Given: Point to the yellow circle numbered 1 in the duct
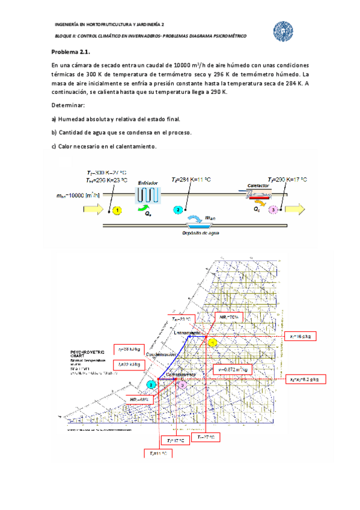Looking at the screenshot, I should tap(118, 210).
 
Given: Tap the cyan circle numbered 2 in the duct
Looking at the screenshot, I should tap(178, 210).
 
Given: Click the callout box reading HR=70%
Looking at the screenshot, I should tap(228, 316).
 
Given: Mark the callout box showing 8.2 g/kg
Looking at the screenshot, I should tap(307, 379).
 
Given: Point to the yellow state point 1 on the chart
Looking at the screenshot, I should tap(212, 342).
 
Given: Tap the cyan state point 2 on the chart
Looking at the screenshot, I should tap(152, 384).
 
